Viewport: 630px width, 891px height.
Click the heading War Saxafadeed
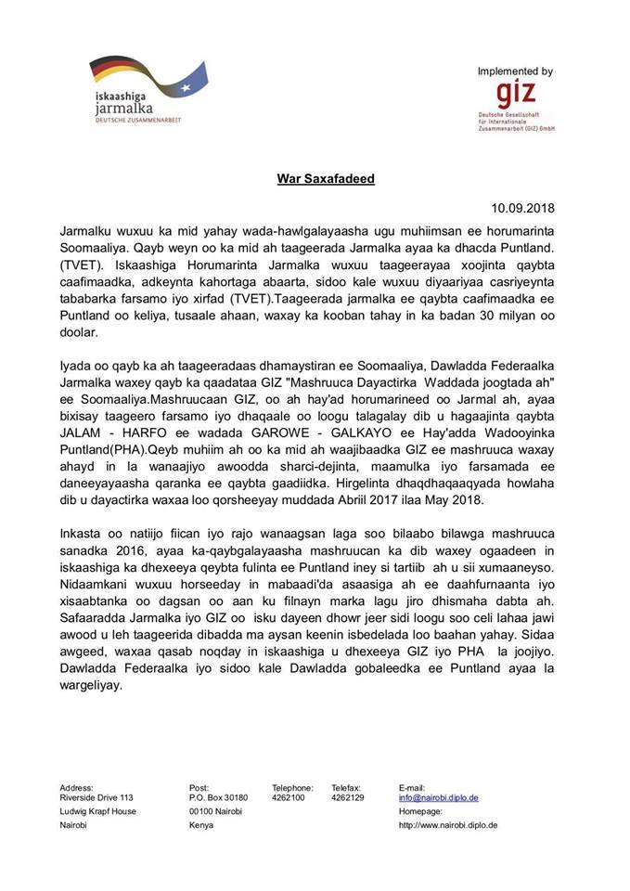(325, 177)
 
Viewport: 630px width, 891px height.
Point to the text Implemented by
(515, 71)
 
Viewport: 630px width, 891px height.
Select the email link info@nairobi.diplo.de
(438, 797)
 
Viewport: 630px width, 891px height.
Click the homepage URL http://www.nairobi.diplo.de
(448, 824)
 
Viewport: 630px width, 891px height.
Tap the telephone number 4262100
(288, 797)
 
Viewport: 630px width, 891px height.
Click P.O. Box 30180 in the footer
(218, 797)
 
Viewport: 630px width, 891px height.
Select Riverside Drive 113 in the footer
(96, 797)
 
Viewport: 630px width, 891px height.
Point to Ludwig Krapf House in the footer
(97, 811)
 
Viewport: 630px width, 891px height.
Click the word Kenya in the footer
(200, 824)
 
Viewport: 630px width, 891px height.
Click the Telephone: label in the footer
(292, 787)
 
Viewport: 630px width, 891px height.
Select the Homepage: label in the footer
(422, 811)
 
